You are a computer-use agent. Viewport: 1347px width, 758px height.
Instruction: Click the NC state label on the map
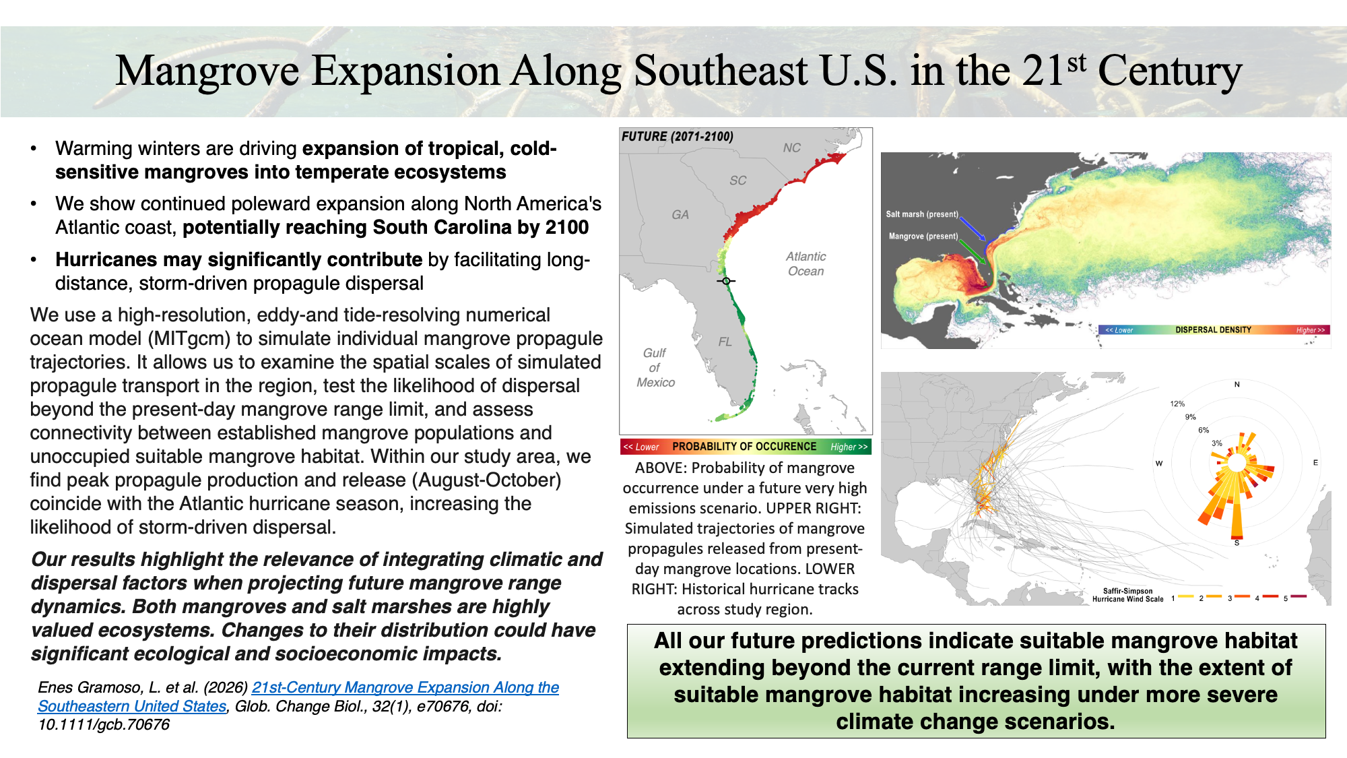point(791,148)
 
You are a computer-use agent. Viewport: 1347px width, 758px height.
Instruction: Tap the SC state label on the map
point(737,181)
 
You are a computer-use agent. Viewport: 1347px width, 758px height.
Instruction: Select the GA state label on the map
point(680,215)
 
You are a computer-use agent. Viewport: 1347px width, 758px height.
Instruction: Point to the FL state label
point(725,342)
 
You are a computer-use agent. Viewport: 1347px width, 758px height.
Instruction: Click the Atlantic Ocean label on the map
point(806,264)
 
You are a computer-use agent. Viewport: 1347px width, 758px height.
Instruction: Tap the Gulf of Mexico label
point(655,368)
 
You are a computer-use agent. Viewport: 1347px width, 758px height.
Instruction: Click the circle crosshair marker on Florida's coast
point(726,281)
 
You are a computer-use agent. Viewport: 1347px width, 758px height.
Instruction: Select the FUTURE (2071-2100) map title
point(678,137)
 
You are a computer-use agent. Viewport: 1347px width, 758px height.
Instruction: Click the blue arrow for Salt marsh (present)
point(973,228)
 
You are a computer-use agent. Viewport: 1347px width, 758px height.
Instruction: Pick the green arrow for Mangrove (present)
point(972,251)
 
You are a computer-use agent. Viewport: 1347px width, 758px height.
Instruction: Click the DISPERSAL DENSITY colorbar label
point(1213,330)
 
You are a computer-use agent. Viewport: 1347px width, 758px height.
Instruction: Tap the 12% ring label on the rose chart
point(1177,404)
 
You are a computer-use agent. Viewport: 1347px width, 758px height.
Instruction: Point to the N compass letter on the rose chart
point(1237,385)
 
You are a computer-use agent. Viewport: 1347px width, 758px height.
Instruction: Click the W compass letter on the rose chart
point(1159,464)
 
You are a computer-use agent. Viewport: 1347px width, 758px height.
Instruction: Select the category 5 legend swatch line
point(1299,596)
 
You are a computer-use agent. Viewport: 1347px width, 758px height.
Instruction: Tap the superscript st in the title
point(1077,63)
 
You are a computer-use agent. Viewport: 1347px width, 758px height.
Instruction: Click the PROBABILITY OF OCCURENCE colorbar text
point(744,447)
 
